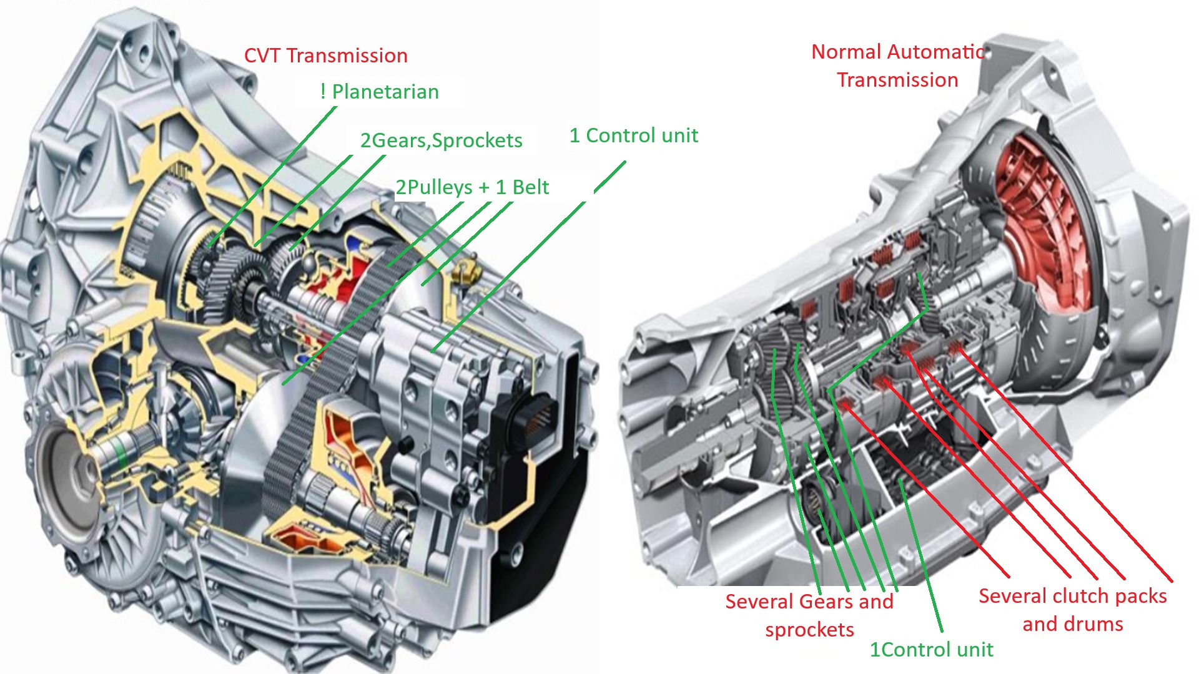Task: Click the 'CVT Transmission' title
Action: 325,56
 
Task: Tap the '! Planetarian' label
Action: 380,92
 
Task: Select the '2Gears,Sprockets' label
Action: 441,140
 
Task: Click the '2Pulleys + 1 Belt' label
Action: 472,187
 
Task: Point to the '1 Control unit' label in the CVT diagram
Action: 633,135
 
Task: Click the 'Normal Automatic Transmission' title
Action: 897,66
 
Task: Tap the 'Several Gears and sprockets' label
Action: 809,615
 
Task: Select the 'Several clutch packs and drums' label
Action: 1072,610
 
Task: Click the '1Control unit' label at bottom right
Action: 931,650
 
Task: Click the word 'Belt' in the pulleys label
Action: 531,187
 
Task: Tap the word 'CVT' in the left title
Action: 262,56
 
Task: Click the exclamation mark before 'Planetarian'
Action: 323,92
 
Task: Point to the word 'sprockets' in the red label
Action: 809,630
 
